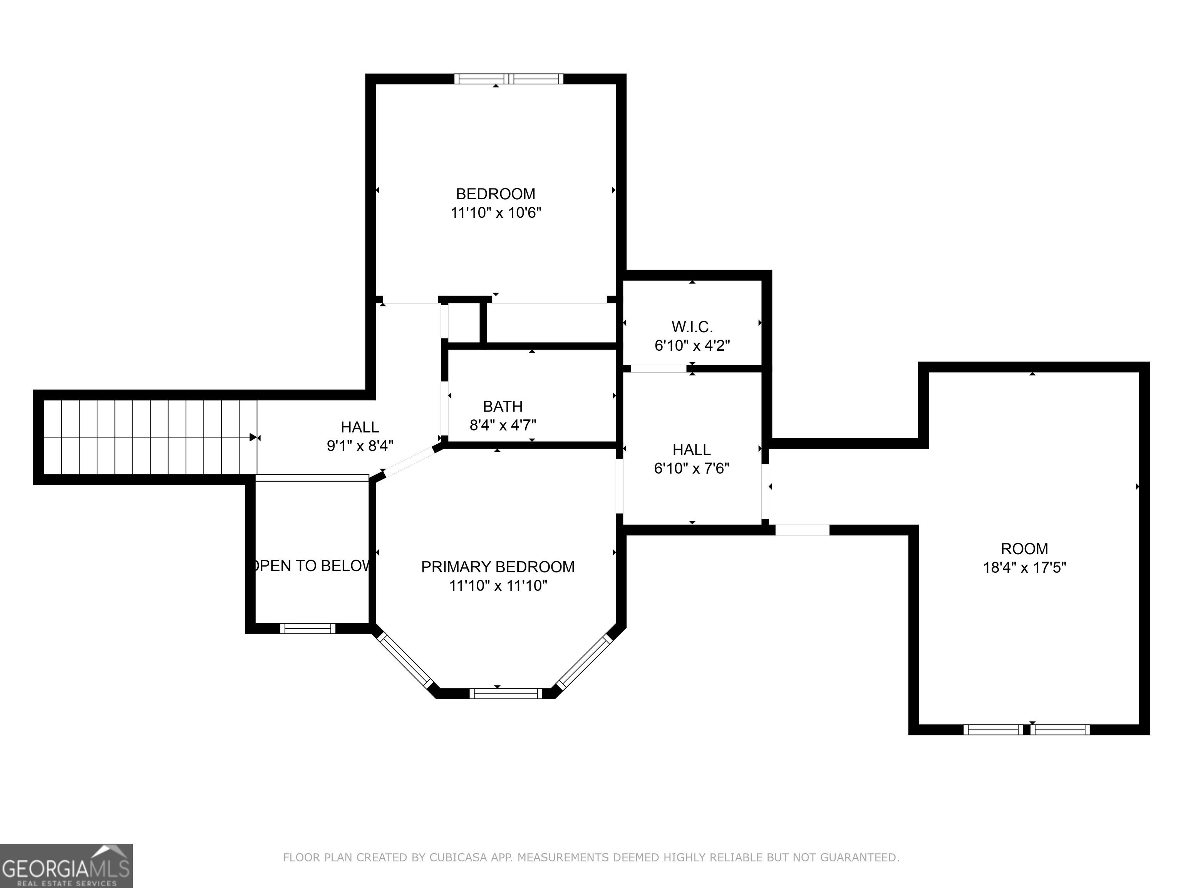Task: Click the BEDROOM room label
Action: click(x=495, y=194)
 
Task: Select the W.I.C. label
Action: click(x=692, y=326)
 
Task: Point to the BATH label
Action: click(x=503, y=406)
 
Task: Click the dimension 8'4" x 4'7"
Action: click(x=503, y=425)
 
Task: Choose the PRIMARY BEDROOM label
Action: click(x=498, y=567)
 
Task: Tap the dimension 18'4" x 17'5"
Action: click(x=1025, y=567)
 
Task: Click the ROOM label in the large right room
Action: click(x=1025, y=549)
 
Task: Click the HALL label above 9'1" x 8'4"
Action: click(x=360, y=427)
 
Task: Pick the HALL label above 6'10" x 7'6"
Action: click(x=692, y=450)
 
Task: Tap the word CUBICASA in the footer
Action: click(x=458, y=858)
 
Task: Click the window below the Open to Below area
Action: click(x=308, y=628)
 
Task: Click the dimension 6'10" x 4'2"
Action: click(x=692, y=346)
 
